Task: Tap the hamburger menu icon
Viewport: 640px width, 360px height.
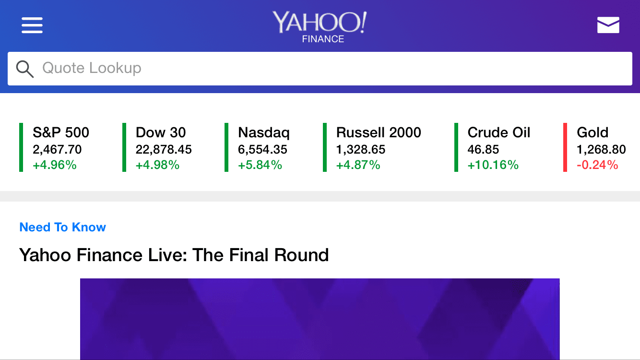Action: pyautogui.click(x=32, y=25)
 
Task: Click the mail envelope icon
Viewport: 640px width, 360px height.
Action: pyautogui.click(x=608, y=25)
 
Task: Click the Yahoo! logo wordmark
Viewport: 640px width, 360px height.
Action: pyautogui.click(x=320, y=22)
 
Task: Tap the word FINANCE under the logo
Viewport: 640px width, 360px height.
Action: pyautogui.click(x=323, y=39)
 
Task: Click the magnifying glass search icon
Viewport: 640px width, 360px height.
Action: pyautogui.click(x=25, y=69)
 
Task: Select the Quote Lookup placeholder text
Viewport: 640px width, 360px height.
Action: pyautogui.click(x=92, y=68)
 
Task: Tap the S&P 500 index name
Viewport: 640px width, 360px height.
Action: pyautogui.click(x=61, y=132)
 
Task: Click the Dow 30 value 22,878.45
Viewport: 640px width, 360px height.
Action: pyautogui.click(x=164, y=150)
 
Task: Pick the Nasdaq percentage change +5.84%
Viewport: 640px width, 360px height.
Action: pyautogui.click(x=260, y=165)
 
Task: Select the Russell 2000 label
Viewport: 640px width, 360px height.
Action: pyautogui.click(x=379, y=132)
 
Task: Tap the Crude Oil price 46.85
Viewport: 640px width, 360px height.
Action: pyautogui.click(x=483, y=150)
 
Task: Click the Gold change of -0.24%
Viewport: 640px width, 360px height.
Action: pyautogui.click(x=597, y=165)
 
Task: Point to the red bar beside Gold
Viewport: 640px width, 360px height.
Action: pyautogui.click(x=565, y=147)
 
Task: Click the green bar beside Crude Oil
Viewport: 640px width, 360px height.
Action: pyautogui.click(x=456, y=147)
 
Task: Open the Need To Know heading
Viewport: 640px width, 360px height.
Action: pyautogui.click(x=62, y=228)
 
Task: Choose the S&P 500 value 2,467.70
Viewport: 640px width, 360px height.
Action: pyautogui.click(x=57, y=150)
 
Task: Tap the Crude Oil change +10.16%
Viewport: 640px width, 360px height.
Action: pyautogui.click(x=493, y=165)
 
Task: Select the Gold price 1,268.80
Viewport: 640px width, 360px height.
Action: pyautogui.click(x=601, y=150)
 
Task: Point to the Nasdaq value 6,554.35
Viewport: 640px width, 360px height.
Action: pyautogui.click(x=262, y=150)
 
